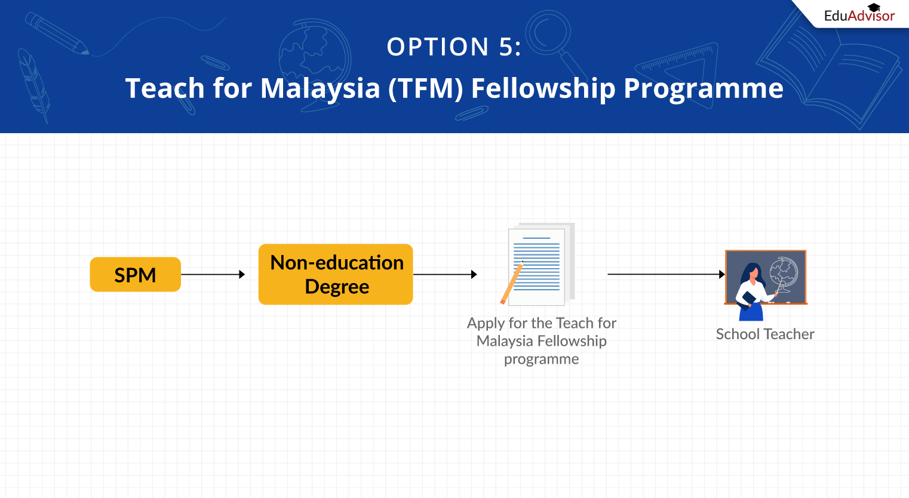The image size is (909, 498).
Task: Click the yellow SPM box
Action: point(135,275)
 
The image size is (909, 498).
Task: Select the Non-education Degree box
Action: point(336,275)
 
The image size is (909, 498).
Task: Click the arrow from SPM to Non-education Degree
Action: point(213,275)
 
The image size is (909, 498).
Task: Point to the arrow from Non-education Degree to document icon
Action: point(444,275)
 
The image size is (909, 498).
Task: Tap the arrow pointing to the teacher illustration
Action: point(665,275)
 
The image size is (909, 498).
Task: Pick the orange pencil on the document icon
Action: point(511,284)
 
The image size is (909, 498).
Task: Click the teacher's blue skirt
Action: point(751,312)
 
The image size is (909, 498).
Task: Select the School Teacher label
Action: point(764,334)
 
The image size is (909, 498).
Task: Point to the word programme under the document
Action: point(541,359)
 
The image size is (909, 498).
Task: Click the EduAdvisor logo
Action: point(859,16)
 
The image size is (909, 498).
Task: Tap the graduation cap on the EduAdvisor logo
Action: point(874,7)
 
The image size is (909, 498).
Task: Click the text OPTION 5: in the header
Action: point(454,47)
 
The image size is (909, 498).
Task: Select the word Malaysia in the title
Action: point(320,88)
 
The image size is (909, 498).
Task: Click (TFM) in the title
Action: point(425,88)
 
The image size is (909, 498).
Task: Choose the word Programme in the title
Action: point(703,88)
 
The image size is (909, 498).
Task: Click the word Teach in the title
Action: point(165,88)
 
